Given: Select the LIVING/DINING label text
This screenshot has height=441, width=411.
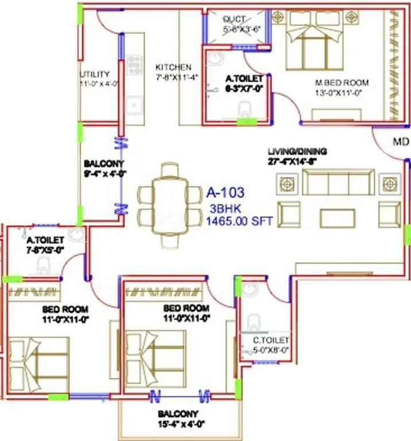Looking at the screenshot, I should (x=297, y=152).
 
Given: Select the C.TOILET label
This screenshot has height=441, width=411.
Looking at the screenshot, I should (x=272, y=340).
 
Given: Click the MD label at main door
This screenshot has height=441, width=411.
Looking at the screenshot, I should (x=400, y=141).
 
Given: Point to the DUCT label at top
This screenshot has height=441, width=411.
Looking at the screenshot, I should (x=234, y=19).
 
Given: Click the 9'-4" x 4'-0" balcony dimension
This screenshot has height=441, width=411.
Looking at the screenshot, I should (x=104, y=173).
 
